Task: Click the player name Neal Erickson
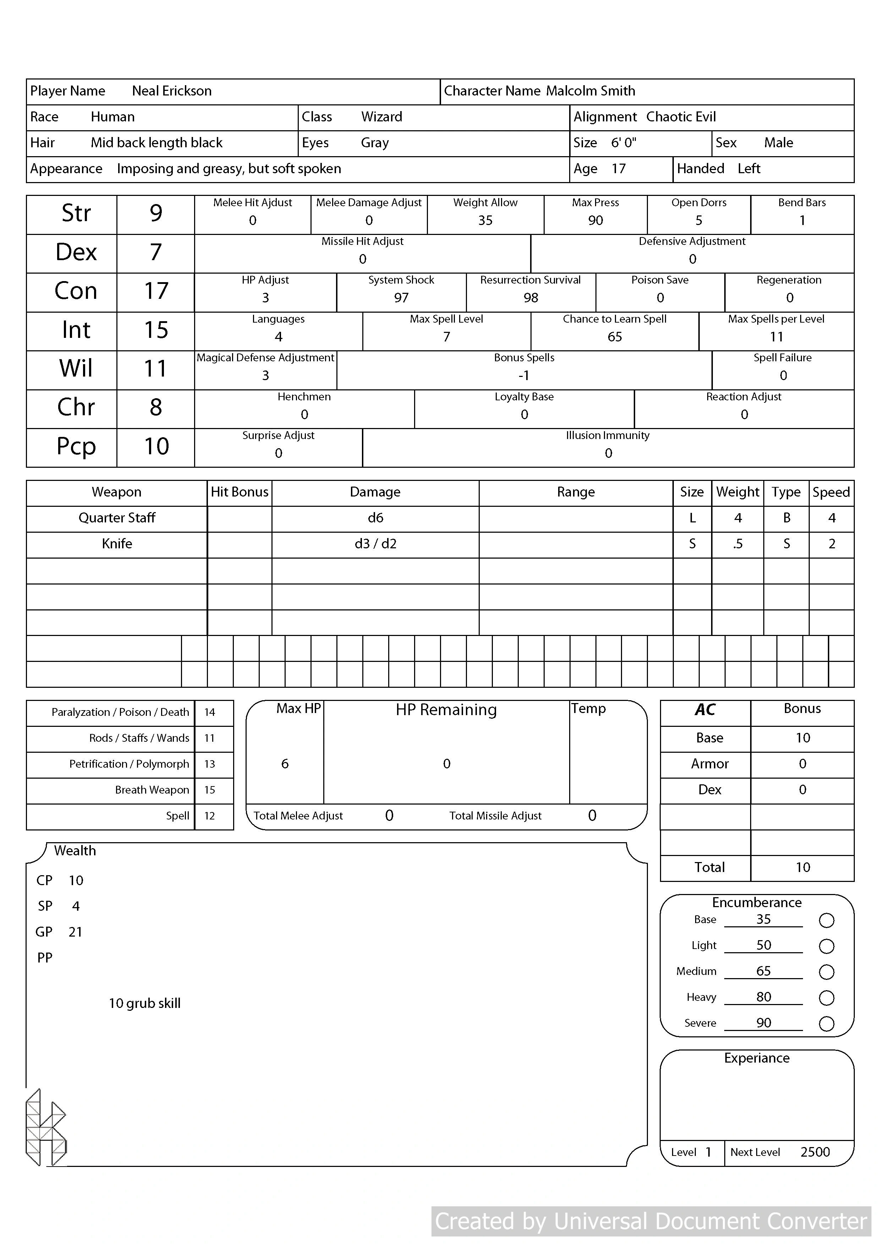[171, 91]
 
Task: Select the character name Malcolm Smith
[590, 91]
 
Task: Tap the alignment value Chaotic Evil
[681, 117]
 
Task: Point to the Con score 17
[156, 291]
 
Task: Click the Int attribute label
[76, 330]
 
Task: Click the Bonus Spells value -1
[523, 375]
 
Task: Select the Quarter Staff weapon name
[117, 518]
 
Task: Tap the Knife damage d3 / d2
[375, 544]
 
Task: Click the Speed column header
[831, 492]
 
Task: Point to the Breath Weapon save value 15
[209, 790]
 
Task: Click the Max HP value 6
[285, 764]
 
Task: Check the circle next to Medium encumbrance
[826, 972]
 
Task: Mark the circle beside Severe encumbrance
[826, 1024]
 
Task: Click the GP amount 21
[75, 932]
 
